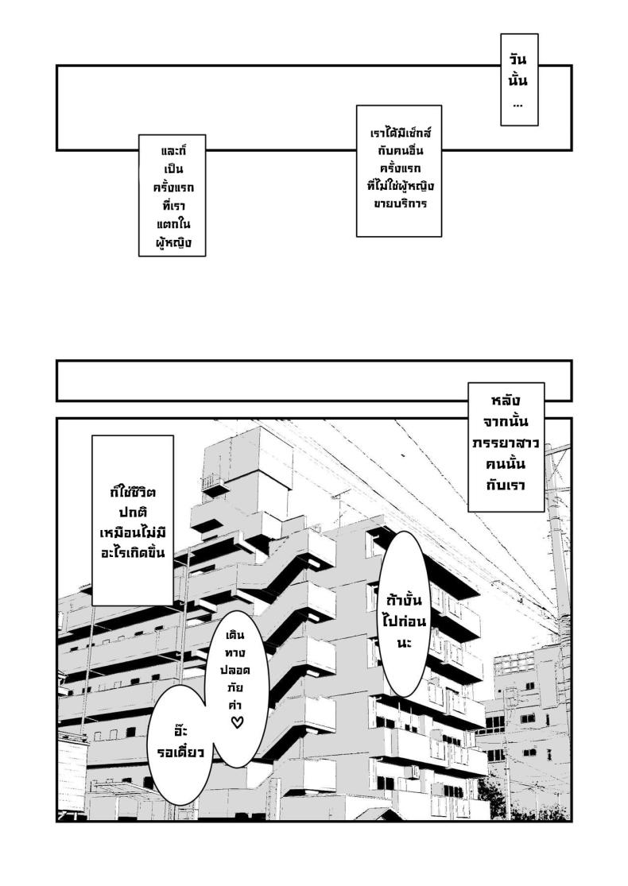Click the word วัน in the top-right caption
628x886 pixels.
(x=519, y=60)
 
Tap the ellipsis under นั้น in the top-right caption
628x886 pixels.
(x=518, y=104)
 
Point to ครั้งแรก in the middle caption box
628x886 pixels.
(x=398, y=168)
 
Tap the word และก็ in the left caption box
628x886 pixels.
(x=172, y=150)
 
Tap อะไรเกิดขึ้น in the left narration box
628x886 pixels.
(x=132, y=551)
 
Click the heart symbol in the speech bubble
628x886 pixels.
(x=236, y=722)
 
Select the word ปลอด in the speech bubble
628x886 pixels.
(x=236, y=670)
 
